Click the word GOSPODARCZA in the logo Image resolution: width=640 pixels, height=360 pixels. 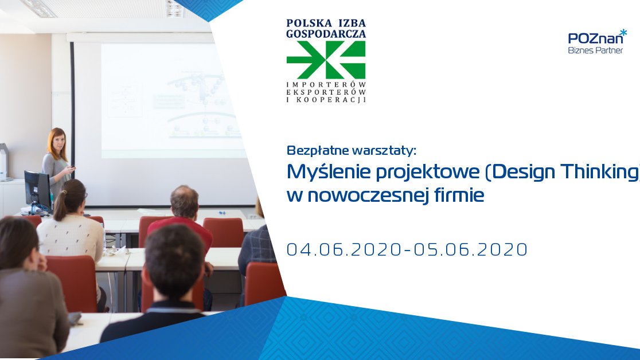326,34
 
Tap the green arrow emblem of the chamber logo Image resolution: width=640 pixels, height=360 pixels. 326,60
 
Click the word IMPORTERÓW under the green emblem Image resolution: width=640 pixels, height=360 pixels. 326,84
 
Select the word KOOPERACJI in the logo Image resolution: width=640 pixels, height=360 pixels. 331,100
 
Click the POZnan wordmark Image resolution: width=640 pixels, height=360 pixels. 595,38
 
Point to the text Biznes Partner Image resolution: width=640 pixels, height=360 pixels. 595,50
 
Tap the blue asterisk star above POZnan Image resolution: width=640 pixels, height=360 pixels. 623,32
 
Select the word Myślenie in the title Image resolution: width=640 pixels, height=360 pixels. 329,172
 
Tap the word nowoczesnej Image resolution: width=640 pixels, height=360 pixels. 368,195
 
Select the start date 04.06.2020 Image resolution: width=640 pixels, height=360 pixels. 344,249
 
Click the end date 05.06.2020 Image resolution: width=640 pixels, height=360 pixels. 471,249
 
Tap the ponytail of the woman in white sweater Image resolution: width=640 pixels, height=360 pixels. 60,206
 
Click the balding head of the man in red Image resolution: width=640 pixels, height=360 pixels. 184,201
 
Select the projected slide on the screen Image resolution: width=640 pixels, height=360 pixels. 173,100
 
